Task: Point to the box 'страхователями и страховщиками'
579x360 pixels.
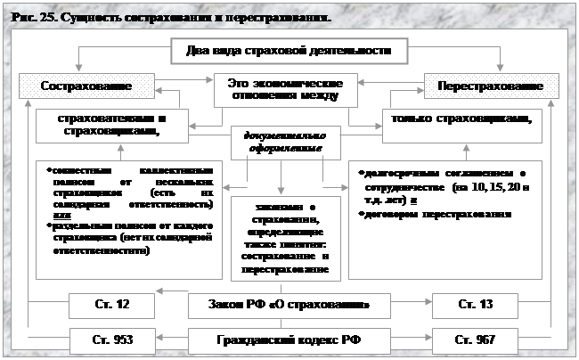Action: click(x=111, y=126)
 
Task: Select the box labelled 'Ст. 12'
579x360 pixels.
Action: click(x=112, y=305)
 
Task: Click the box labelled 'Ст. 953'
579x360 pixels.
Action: click(x=112, y=340)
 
